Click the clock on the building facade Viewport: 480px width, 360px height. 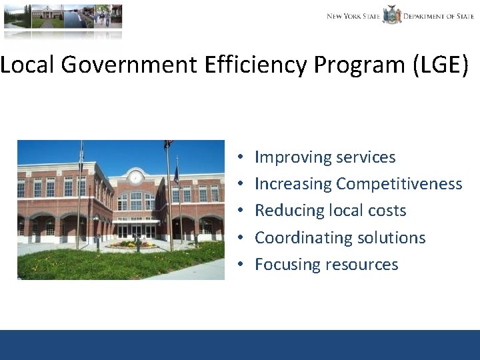click(x=135, y=177)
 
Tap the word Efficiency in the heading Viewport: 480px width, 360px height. click(x=266, y=65)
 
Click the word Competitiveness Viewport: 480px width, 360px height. click(x=399, y=184)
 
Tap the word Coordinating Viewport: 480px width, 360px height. click(x=304, y=238)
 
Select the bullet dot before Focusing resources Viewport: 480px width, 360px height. click(x=239, y=265)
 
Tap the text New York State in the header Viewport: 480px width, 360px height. click(x=353, y=16)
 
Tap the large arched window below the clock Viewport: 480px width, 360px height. click(x=135, y=201)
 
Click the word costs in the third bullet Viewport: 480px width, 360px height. click(x=387, y=211)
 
